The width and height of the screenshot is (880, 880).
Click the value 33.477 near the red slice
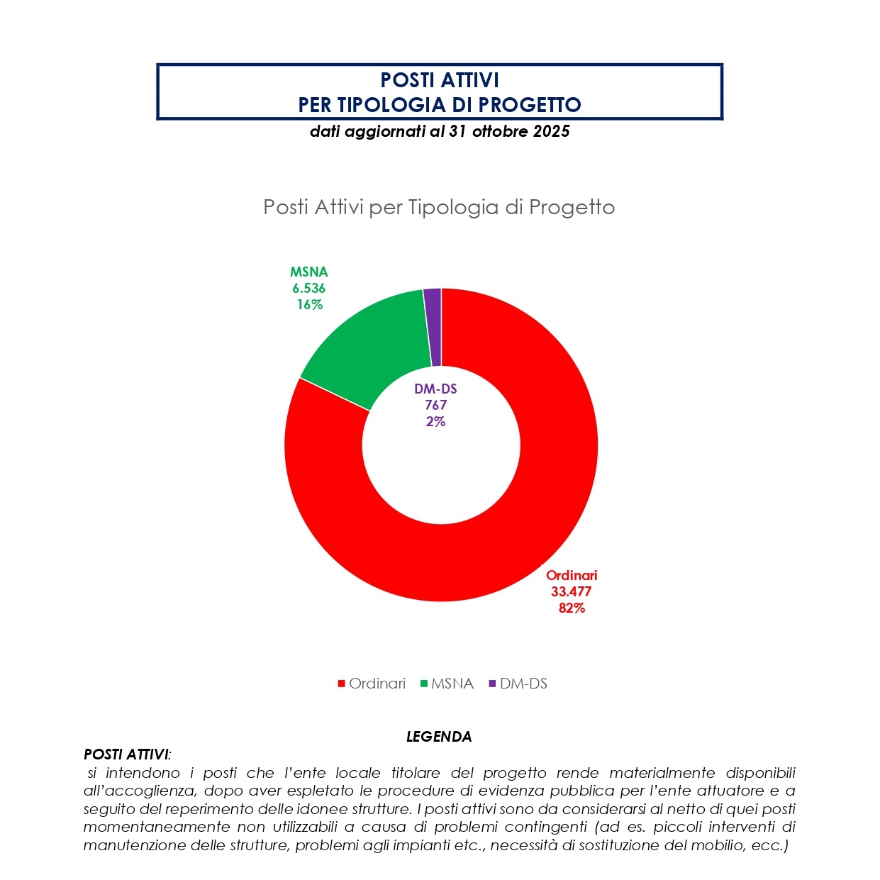[571, 591]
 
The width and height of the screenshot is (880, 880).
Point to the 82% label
[572, 608]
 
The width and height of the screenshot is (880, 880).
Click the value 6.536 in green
[308, 288]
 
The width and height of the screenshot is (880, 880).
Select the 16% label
[310, 304]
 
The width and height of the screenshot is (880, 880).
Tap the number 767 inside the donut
[435, 405]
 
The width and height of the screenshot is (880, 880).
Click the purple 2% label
[435, 421]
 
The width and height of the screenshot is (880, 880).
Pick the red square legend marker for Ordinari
[341, 684]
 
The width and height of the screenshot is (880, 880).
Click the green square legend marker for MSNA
[424, 684]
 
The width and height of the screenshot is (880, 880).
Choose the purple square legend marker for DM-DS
[493, 684]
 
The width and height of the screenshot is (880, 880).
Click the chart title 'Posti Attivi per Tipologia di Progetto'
[439, 207]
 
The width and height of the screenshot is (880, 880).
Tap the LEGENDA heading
[439, 737]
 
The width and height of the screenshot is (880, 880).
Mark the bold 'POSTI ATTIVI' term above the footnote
[126, 754]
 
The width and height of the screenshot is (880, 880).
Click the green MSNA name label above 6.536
[308, 272]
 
